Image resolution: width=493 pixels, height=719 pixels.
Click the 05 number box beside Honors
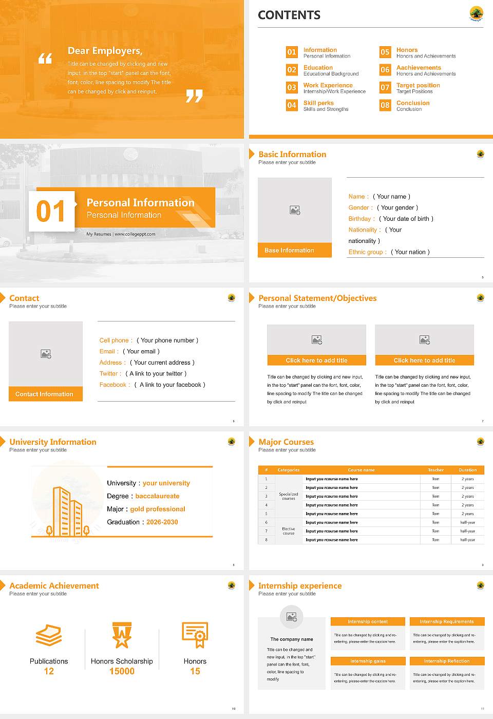(x=385, y=52)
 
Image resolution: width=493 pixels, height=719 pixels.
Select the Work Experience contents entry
(x=328, y=85)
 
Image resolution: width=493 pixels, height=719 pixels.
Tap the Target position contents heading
(x=418, y=85)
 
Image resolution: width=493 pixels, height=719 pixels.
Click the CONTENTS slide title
(x=289, y=15)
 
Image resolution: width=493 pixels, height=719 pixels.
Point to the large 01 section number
(x=51, y=211)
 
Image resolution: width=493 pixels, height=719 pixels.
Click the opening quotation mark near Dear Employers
(x=45, y=58)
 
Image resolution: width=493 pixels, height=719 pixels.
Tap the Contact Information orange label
(x=45, y=394)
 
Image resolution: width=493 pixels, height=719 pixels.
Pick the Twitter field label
(x=110, y=373)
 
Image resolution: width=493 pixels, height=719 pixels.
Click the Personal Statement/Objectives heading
(x=317, y=298)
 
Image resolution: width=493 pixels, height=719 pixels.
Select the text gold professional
(x=158, y=509)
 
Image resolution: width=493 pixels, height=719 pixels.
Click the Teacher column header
(x=435, y=470)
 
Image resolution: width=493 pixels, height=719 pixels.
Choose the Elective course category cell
(x=289, y=531)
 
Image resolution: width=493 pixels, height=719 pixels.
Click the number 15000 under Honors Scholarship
(x=122, y=671)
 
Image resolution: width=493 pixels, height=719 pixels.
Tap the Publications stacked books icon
(x=49, y=635)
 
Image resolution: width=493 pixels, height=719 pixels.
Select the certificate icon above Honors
(x=195, y=635)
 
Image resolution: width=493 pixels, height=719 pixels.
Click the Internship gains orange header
(x=368, y=661)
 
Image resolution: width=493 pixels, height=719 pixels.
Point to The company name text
(x=292, y=639)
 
